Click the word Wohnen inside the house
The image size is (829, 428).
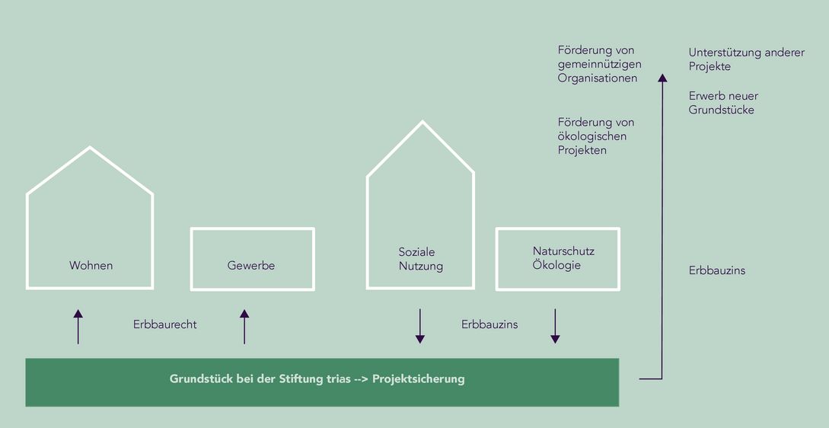pyautogui.click(x=91, y=266)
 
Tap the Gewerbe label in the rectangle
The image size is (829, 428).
pyautogui.click(x=251, y=266)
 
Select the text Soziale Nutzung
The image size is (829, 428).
pyautogui.click(x=420, y=259)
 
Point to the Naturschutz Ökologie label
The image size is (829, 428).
pyautogui.click(x=563, y=258)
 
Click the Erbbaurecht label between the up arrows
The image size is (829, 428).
pyautogui.click(x=164, y=324)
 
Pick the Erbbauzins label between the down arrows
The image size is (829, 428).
pyautogui.click(x=489, y=324)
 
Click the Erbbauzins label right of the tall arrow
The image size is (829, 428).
pyautogui.click(x=717, y=270)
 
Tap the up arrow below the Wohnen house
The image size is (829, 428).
pyautogui.click(x=78, y=326)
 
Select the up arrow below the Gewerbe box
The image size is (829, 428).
pyautogui.click(x=244, y=326)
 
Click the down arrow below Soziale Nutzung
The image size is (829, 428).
pyautogui.click(x=419, y=326)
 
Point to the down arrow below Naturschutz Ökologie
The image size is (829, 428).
pyautogui.click(x=555, y=326)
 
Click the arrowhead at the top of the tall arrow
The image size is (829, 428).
pyautogui.click(x=662, y=77)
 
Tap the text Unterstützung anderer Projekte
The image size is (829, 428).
pyautogui.click(x=746, y=59)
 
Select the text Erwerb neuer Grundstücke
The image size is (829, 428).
pyautogui.click(x=723, y=103)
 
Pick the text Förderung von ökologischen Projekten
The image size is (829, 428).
pyautogui.click(x=595, y=136)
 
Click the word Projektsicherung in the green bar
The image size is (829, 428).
pyautogui.click(x=418, y=378)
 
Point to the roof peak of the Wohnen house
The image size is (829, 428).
pyautogui.click(x=90, y=147)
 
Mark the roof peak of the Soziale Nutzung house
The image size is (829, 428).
pyautogui.click(x=421, y=123)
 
